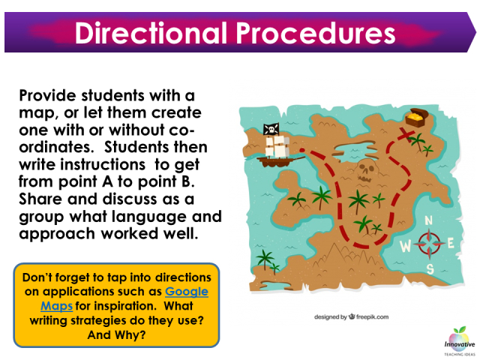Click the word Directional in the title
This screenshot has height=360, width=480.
(147, 33)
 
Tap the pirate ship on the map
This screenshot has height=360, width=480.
(276, 149)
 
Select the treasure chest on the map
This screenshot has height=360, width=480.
(415, 119)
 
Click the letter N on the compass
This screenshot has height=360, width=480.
(429, 220)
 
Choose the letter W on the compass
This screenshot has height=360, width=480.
(406, 244)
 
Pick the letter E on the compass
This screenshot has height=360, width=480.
(451, 241)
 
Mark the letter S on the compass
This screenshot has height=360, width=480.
(430, 268)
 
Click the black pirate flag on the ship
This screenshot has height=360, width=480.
(271, 129)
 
